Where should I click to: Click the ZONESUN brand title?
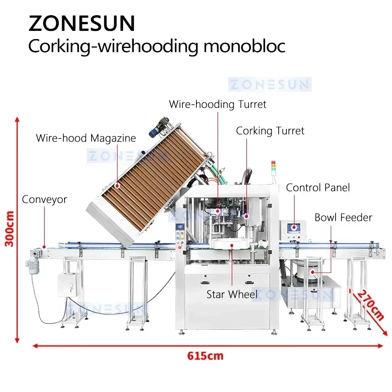click(x=81, y=23)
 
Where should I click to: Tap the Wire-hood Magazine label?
click(x=86, y=138)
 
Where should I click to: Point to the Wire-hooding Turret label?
click(x=218, y=104)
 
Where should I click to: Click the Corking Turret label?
click(x=270, y=131)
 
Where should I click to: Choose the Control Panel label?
click(x=318, y=188)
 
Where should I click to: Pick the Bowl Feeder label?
click(x=343, y=217)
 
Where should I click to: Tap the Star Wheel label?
click(x=232, y=294)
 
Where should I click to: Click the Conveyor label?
click(x=44, y=199)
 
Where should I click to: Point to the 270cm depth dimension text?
click(x=370, y=305)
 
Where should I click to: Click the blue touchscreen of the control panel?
click(x=296, y=227)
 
